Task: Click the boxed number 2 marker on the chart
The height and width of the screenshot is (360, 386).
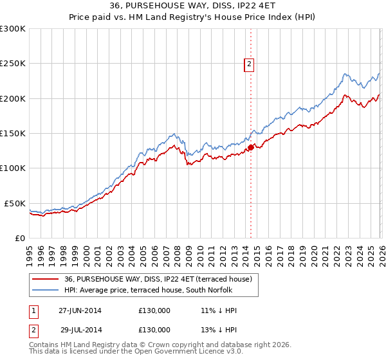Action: click(x=249, y=64)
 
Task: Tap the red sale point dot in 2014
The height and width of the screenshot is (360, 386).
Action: click(x=250, y=147)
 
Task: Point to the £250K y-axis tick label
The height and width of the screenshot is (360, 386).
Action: click(x=13, y=64)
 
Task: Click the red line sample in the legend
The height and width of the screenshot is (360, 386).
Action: click(x=45, y=279)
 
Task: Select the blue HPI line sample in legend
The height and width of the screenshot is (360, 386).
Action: click(x=45, y=290)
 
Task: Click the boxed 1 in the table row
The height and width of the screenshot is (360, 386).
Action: click(x=33, y=310)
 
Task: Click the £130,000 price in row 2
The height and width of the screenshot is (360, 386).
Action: click(x=154, y=330)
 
